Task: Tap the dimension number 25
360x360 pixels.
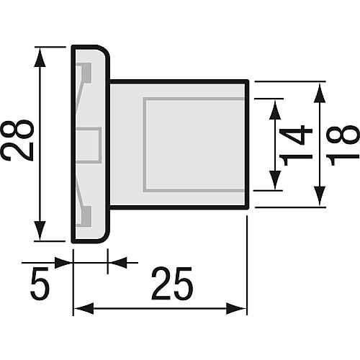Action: click(x=173, y=286)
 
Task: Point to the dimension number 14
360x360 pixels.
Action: click(x=297, y=145)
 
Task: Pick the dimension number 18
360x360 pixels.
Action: click(x=346, y=145)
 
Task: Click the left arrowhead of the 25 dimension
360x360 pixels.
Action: click(x=81, y=308)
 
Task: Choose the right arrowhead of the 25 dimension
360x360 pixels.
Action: click(x=240, y=308)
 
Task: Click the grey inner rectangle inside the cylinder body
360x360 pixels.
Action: click(x=193, y=145)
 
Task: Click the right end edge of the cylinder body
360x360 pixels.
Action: click(x=248, y=145)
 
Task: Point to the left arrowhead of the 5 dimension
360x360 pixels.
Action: click(x=66, y=262)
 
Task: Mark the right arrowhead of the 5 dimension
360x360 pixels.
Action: click(x=114, y=262)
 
